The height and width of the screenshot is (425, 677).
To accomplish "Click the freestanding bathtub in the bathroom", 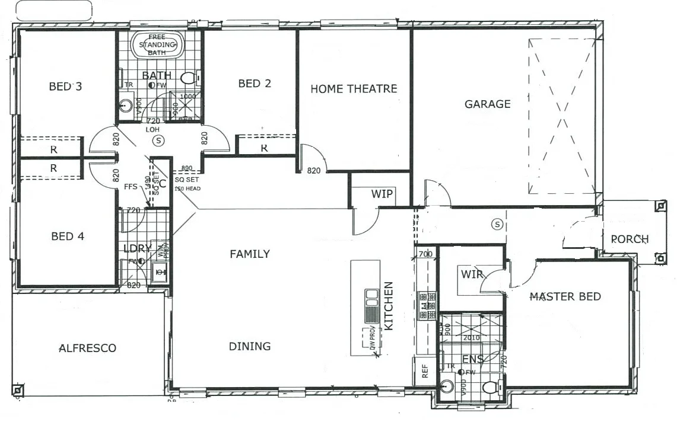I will (x=158, y=45).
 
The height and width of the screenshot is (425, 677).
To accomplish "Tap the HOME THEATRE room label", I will (x=354, y=89).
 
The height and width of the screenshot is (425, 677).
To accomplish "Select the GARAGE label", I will (x=487, y=104).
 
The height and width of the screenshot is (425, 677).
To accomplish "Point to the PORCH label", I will (x=630, y=239).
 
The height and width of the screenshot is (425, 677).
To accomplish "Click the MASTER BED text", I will (x=565, y=296).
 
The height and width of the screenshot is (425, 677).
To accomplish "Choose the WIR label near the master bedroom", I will (x=472, y=274).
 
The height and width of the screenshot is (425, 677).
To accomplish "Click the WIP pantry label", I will (x=382, y=194).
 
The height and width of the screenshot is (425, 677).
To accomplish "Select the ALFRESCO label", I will (x=87, y=348).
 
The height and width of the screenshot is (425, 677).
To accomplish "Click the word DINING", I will (x=250, y=346).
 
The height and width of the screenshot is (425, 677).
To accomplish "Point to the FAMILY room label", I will (x=250, y=254).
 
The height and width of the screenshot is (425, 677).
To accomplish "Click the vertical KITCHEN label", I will (x=389, y=306).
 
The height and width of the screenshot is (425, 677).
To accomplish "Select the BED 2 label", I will (x=255, y=84).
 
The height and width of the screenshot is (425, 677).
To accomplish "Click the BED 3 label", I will (x=65, y=87).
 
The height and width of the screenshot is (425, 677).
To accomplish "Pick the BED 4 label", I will (x=68, y=237).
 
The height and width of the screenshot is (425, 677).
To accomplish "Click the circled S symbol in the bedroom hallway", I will (x=158, y=141).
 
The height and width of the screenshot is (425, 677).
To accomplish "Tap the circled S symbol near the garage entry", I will (x=497, y=224).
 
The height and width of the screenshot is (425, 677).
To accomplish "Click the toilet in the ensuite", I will (x=490, y=387).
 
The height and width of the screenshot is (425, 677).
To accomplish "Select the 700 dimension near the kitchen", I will (x=425, y=254).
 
